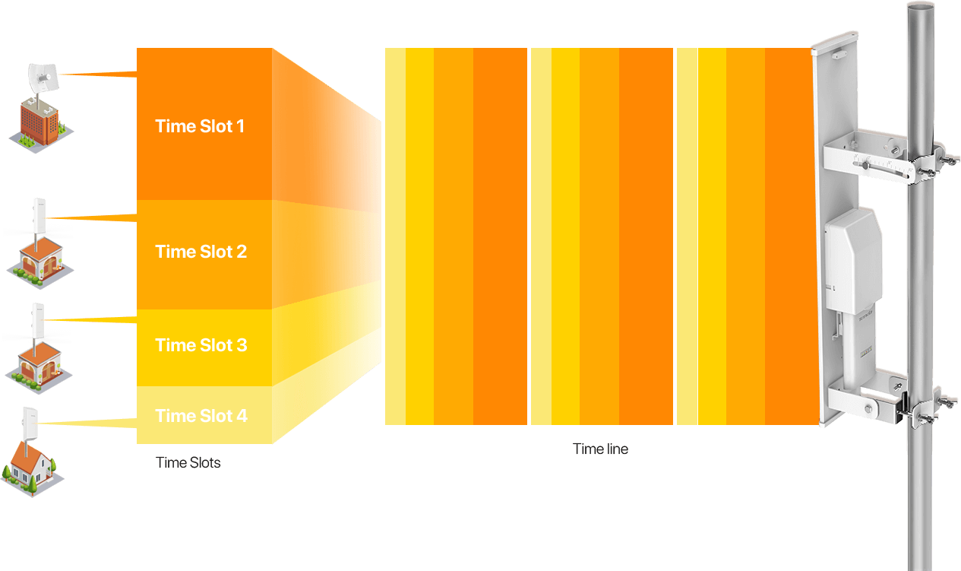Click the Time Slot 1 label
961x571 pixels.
pos(200,126)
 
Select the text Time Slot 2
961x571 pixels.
pos(201,252)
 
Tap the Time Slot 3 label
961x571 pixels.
pos(201,345)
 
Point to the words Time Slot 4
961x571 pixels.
pos(201,416)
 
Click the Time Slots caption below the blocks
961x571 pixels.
pos(188,462)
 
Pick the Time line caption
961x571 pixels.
pos(600,449)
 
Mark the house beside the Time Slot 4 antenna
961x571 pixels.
pos(31,465)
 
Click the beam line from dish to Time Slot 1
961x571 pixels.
pos(95,74)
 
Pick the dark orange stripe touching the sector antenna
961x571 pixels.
pos(790,236)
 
